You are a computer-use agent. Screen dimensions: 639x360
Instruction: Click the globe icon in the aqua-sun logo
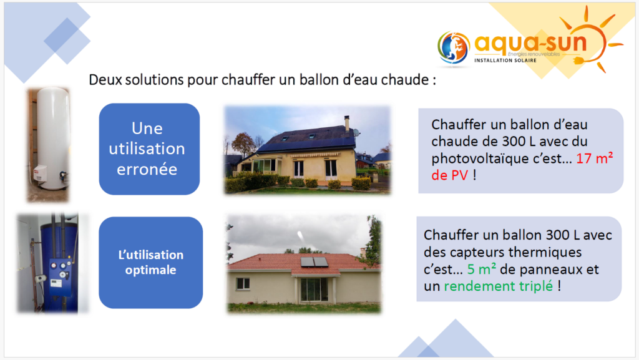pos(453,48)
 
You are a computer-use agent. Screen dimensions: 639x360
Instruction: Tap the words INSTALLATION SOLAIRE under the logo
pos(505,61)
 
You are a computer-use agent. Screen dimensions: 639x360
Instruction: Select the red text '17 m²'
pos(595,158)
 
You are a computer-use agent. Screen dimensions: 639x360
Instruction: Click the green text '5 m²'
pos(481,269)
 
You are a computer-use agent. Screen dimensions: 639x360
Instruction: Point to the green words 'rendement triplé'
pos(499,286)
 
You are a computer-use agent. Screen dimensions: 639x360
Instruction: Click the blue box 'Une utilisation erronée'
pos(149,149)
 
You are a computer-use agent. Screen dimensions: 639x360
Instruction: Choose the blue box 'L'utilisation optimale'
pos(151,262)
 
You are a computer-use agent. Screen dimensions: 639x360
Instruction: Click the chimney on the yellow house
pos(347,123)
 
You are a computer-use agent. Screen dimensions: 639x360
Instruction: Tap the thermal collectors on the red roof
pos(315,261)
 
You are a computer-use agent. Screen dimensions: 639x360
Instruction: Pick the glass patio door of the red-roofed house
pos(315,289)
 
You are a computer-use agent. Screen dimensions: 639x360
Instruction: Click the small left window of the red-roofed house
pos(243,283)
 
